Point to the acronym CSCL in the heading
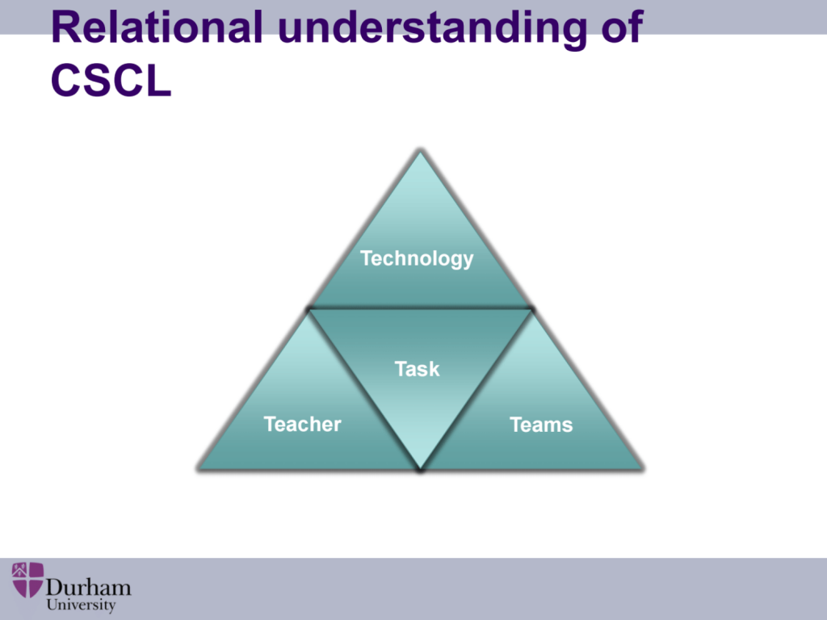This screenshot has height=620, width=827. [x=111, y=80]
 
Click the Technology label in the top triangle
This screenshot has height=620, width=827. [x=417, y=258]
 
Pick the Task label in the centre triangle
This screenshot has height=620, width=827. [x=417, y=369]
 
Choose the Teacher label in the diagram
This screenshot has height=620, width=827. [x=302, y=424]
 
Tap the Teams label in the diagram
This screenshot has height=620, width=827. [x=541, y=425]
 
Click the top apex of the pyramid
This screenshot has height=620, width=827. [x=420, y=151]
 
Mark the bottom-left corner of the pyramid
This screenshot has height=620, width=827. [x=199, y=469]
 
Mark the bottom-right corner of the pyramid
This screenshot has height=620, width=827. [x=643, y=469]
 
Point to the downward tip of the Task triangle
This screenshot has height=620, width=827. [x=420, y=469]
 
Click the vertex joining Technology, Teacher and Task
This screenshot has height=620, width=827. [x=309, y=309]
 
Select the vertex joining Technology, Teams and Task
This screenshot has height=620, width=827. [x=531, y=309]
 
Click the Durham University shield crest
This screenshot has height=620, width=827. [x=28, y=580]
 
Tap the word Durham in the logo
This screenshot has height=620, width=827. [x=89, y=588]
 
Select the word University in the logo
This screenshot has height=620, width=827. [x=82, y=605]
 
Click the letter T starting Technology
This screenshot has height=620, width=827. [x=367, y=258]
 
